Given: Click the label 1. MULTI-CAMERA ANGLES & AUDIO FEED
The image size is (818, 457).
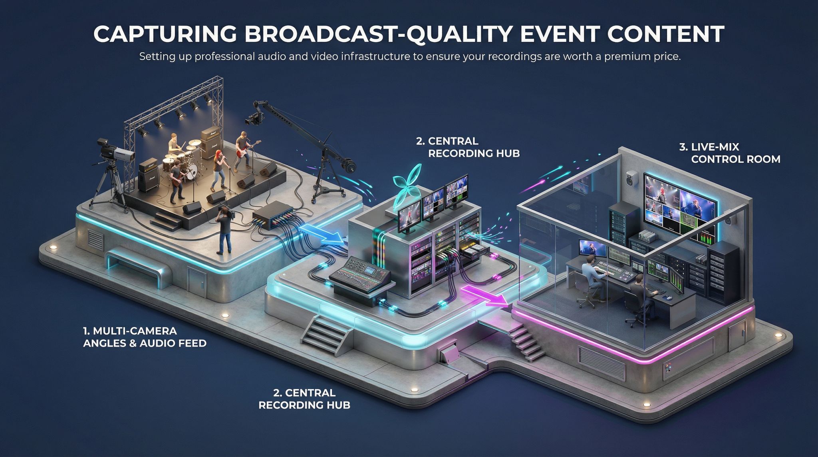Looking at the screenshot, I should click(145, 337).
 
